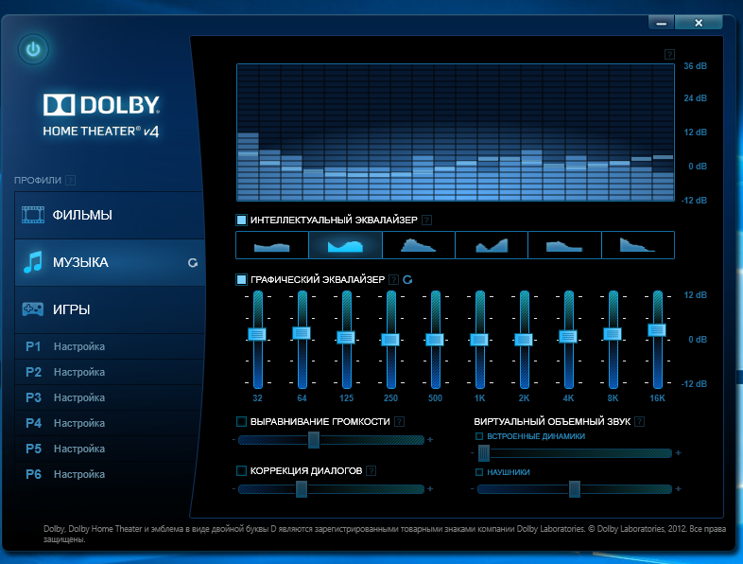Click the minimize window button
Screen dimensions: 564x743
click(x=664, y=22)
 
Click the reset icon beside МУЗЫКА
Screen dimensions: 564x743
click(x=193, y=263)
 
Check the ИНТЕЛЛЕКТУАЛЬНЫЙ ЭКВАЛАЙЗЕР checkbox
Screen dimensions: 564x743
click(x=242, y=220)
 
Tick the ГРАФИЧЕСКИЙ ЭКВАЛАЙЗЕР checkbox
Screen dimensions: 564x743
click(x=242, y=279)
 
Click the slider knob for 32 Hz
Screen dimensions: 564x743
click(x=257, y=334)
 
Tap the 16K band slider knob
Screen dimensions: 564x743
click(x=657, y=329)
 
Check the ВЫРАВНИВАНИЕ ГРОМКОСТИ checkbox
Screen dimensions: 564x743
click(x=242, y=421)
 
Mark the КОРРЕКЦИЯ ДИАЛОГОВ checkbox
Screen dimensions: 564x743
click(x=242, y=470)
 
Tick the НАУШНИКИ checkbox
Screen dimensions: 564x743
click(x=480, y=471)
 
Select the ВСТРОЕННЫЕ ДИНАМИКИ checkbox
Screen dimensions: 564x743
click(x=480, y=436)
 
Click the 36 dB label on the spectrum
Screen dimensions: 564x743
click(x=695, y=65)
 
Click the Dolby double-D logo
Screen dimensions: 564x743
click(x=56, y=104)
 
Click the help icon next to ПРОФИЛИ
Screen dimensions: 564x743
click(x=70, y=180)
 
